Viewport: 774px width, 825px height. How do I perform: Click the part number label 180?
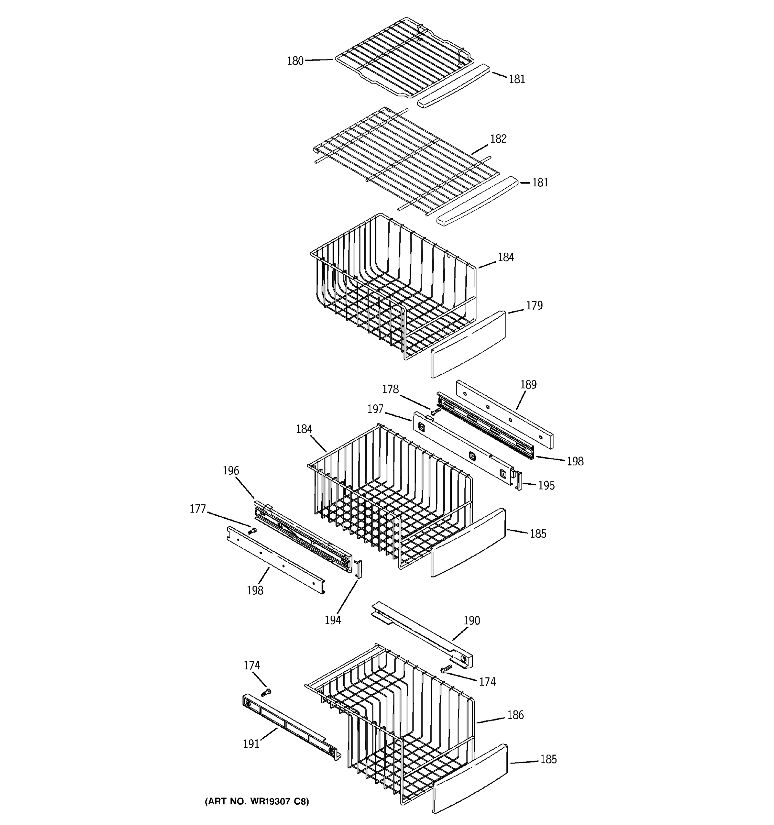(295, 61)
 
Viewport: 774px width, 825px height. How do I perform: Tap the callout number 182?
(498, 139)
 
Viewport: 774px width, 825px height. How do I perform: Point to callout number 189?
(528, 385)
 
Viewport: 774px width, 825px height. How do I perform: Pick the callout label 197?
(375, 409)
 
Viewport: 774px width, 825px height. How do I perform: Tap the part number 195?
(546, 485)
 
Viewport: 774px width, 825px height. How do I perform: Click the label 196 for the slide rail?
(231, 471)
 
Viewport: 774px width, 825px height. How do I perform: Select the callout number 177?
(198, 509)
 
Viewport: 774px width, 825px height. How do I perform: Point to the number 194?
(333, 620)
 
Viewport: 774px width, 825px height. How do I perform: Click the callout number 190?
(471, 620)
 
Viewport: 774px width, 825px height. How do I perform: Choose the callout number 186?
(515, 715)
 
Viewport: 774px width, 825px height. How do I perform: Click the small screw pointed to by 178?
(435, 411)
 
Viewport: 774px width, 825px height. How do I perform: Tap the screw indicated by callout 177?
(251, 530)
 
